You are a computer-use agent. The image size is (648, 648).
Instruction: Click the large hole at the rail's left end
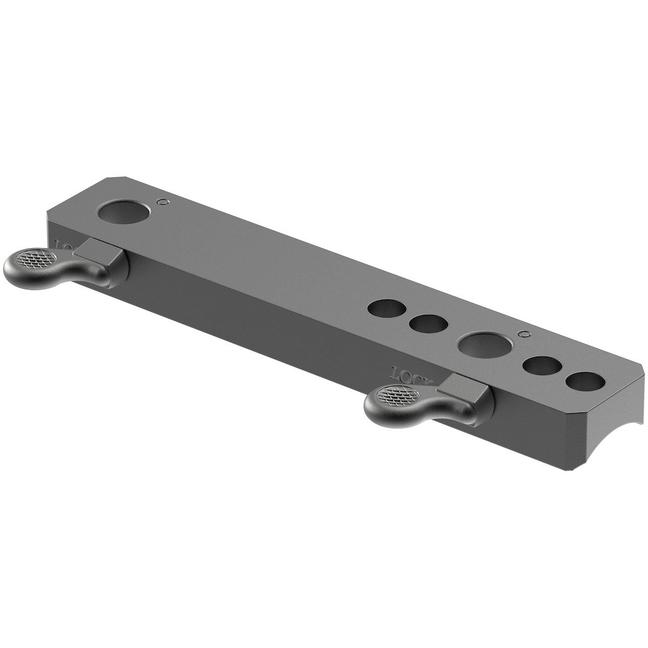pyautogui.click(x=126, y=212)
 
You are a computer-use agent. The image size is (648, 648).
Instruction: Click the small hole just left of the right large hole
pyautogui.click(x=429, y=323)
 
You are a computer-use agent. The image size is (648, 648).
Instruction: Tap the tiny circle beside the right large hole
pyautogui.click(x=522, y=334)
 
